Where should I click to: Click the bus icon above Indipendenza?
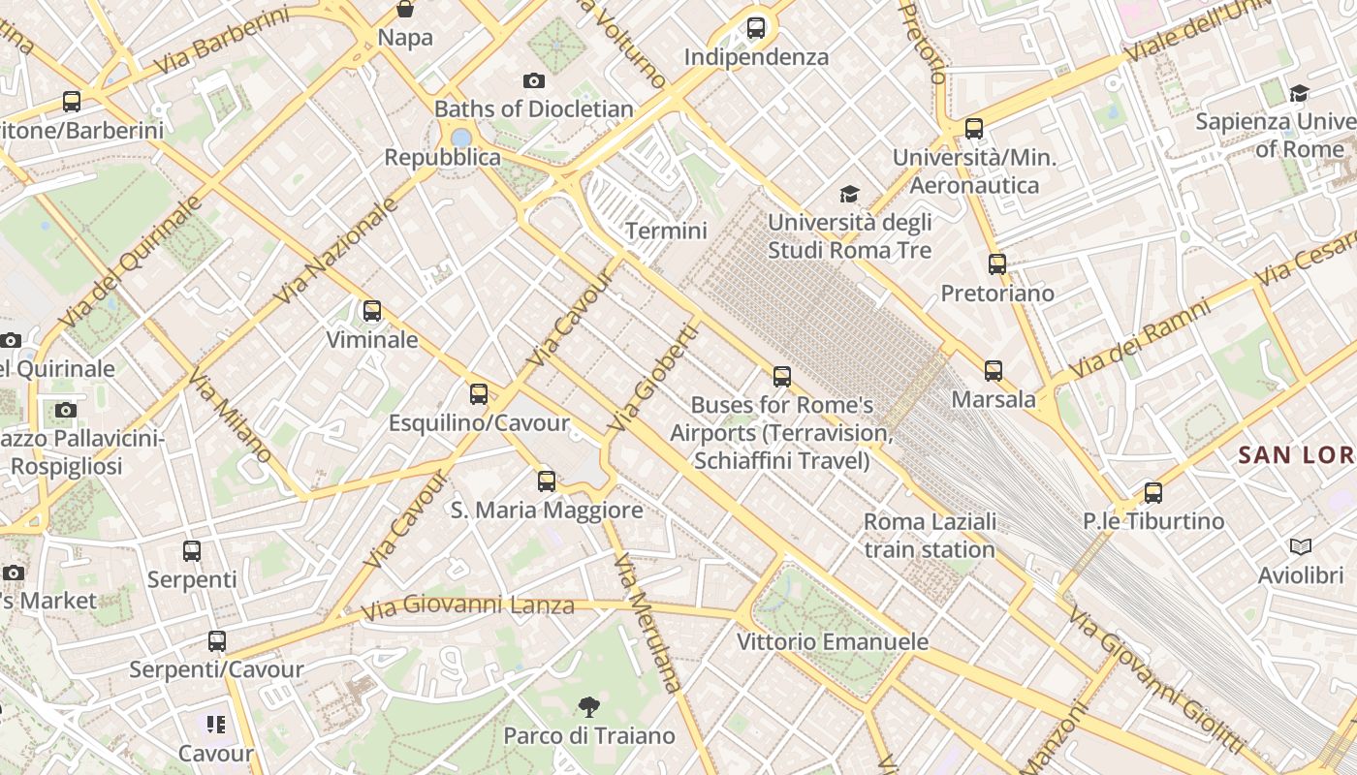[756, 28]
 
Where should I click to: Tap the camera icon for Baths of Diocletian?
[533, 80]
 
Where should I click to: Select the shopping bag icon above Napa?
[405, 10]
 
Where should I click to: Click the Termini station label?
[666, 231]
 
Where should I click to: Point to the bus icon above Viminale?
[372, 311]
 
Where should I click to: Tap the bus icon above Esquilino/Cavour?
[479, 394]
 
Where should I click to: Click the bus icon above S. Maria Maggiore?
[547, 480]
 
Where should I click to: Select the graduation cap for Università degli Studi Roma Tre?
[849, 194]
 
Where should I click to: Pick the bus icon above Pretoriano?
[996, 263]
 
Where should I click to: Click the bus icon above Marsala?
[994, 370]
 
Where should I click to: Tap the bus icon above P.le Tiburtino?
[1153, 492]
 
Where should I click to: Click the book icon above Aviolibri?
[1301, 547]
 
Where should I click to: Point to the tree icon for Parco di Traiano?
[588, 706]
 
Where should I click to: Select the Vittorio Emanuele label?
[833, 641]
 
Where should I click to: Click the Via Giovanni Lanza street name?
[467, 607]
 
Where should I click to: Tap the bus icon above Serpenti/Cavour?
[217, 640]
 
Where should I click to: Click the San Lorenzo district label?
[1297, 453]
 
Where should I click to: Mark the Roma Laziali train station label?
[930, 536]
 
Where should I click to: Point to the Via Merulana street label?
[648, 621]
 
